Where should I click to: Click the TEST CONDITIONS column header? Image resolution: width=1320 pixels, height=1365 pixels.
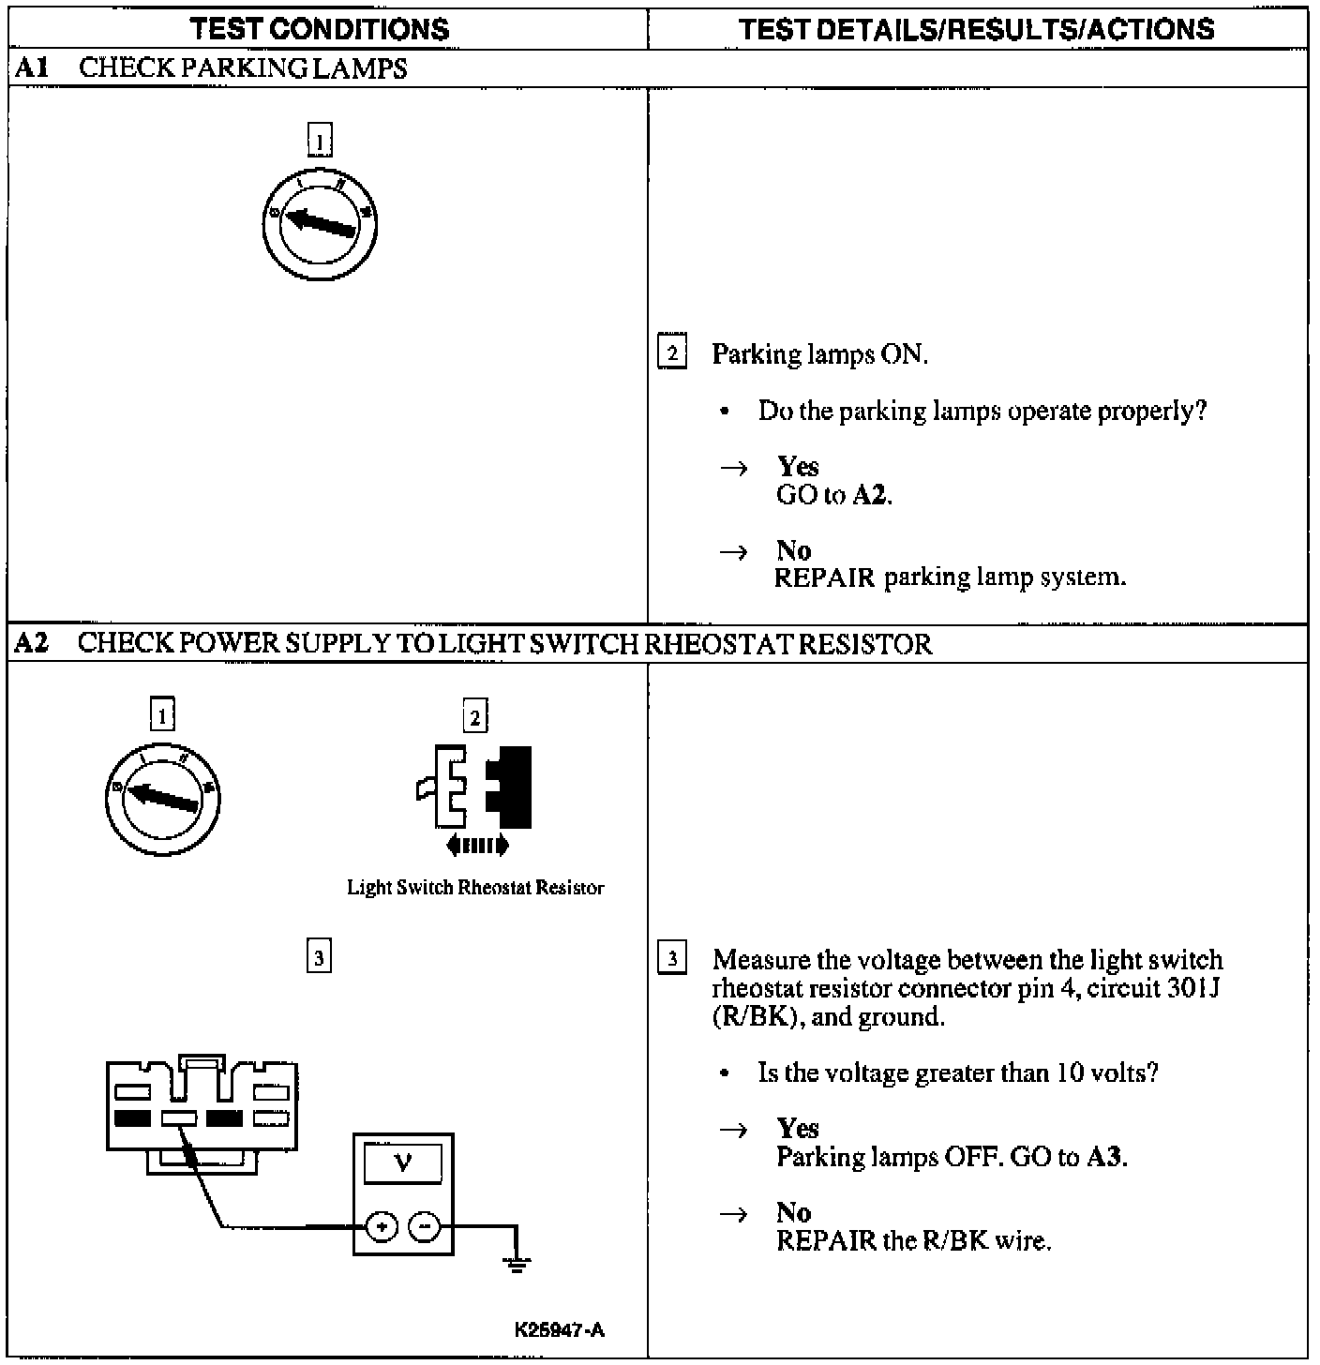click(x=320, y=28)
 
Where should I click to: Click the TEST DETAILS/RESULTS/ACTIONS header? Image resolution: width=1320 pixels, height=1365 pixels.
click(x=976, y=28)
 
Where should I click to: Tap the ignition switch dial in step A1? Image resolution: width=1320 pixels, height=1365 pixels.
click(x=320, y=223)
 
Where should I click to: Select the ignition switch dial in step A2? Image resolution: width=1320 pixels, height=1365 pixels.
click(x=163, y=798)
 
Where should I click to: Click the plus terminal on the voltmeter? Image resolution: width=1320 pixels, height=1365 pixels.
click(x=382, y=1225)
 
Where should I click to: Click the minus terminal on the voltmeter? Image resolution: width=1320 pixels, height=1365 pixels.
click(x=425, y=1225)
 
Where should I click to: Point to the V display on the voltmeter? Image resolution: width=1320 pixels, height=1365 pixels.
click(x=403, y=1163)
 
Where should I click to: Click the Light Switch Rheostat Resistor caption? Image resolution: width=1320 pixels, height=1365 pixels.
click(x=475, y=888)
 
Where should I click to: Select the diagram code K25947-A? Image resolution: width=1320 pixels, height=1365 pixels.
click(x=559, y=1330)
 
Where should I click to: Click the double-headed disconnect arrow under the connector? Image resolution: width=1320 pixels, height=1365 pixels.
click(x=476, y=846)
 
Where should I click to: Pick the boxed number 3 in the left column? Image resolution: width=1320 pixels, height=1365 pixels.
click(x=319, y=957)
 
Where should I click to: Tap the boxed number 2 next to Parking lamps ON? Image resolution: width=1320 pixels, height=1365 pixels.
click(x=671, y=353)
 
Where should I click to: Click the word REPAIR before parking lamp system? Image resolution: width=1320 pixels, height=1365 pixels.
click(x=824, y=577)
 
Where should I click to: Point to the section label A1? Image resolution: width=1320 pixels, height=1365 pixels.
click(x=31, y=68)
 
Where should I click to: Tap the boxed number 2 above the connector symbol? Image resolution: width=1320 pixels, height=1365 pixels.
click(x=475, y=717)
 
